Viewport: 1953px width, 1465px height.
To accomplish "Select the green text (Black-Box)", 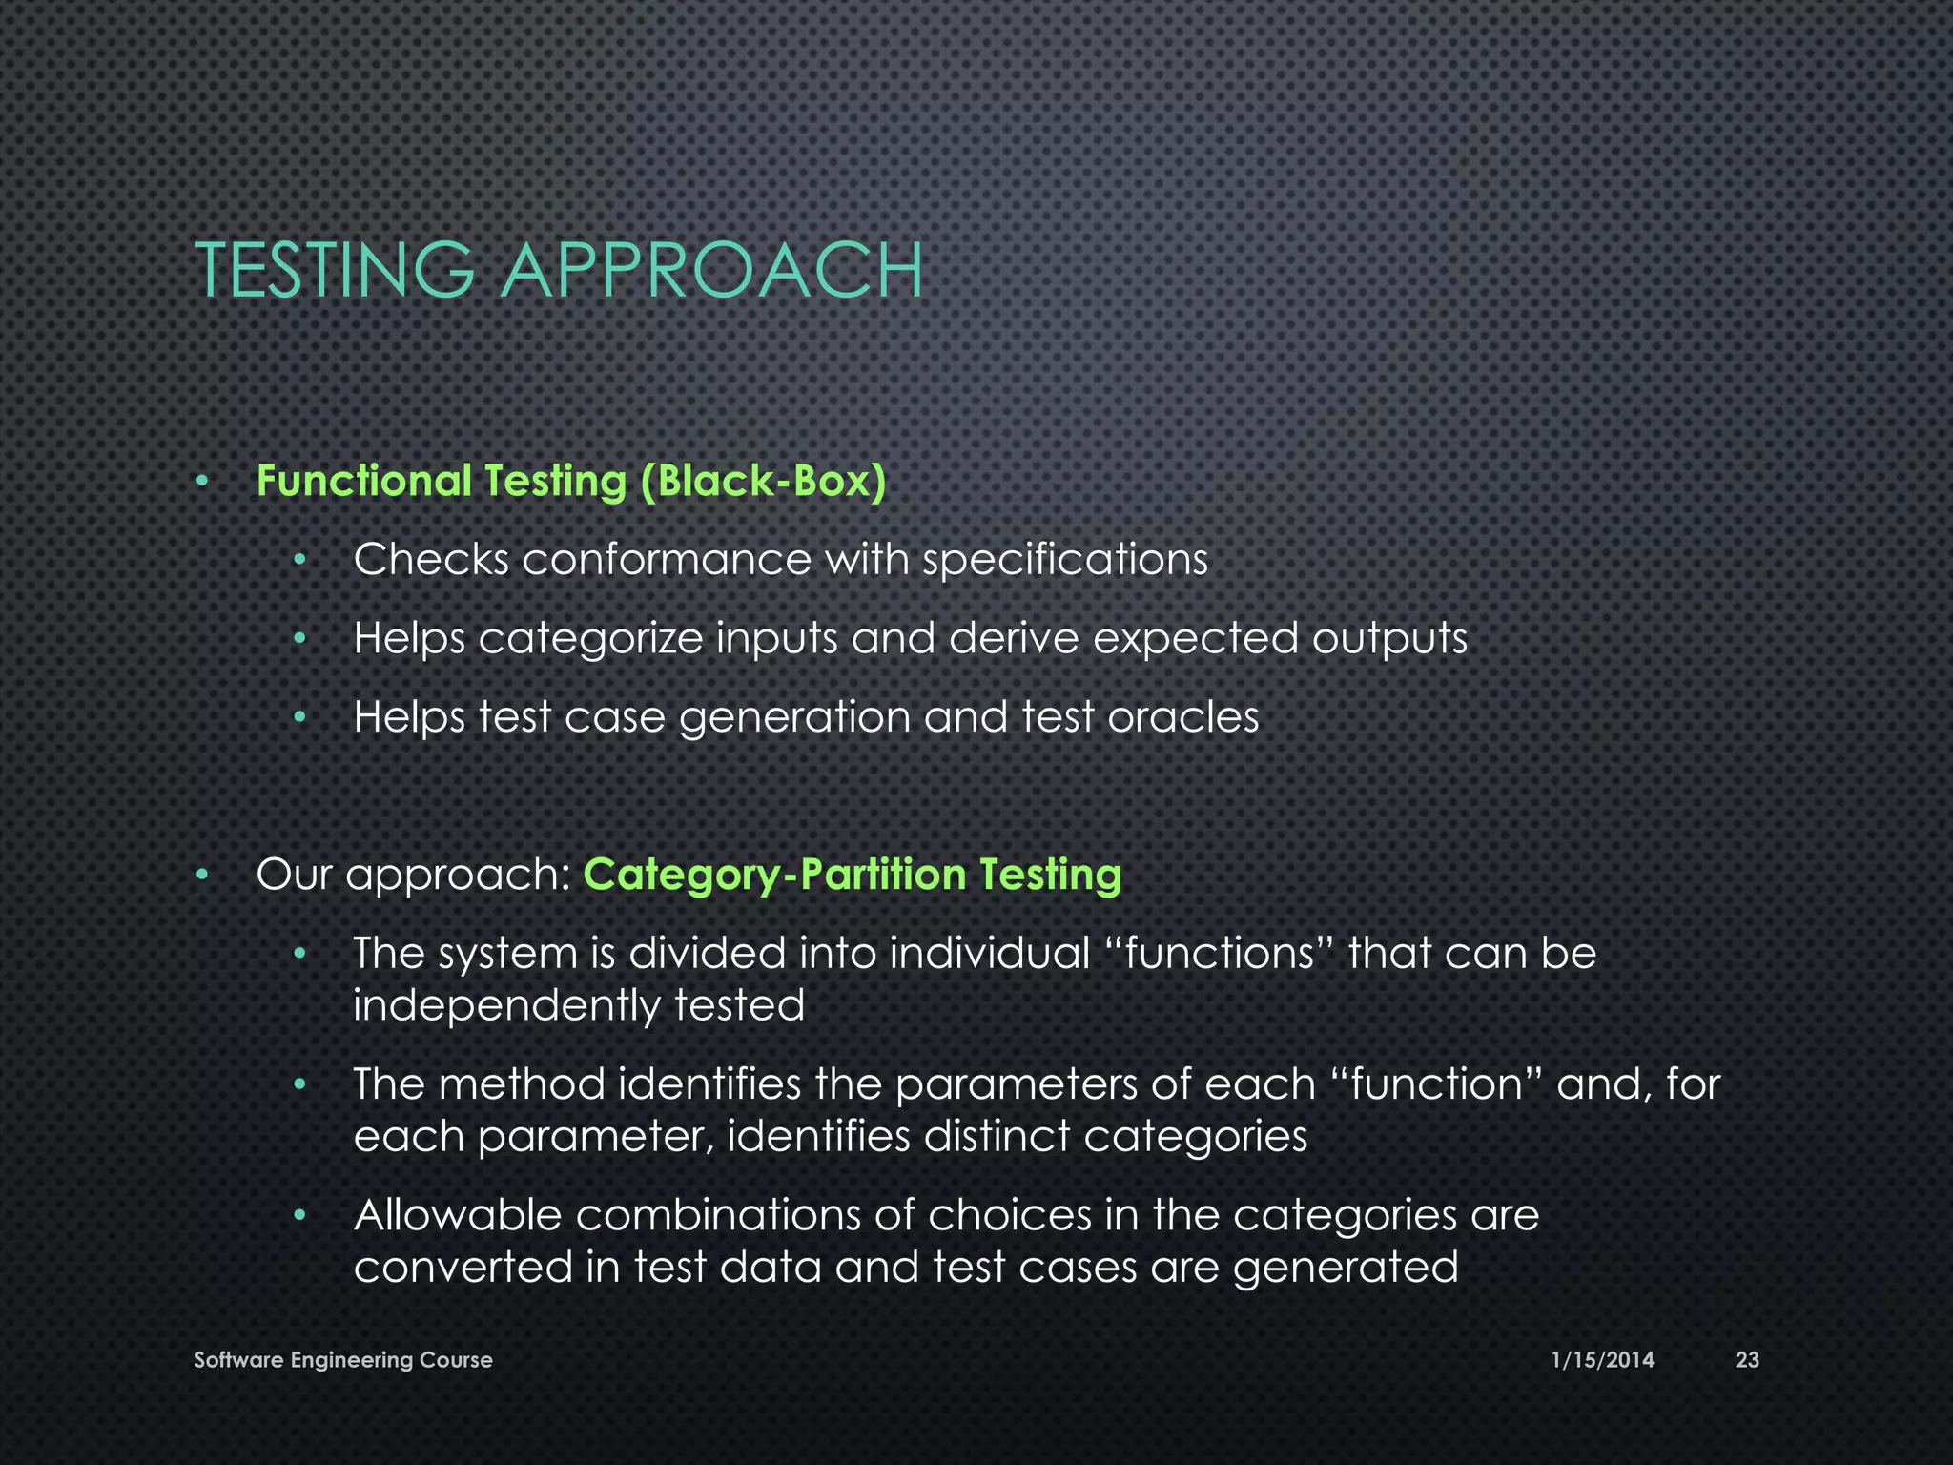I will pos(763,481).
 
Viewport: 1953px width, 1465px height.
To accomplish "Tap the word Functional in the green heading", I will pos(363,481).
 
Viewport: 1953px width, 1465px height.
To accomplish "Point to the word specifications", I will pos(1065,561).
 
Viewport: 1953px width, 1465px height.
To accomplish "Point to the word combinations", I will pos(745,1215).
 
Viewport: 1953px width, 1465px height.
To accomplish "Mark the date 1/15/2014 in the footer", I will pos(1602,1360).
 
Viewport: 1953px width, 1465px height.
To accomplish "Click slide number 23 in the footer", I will pos(1746,1360).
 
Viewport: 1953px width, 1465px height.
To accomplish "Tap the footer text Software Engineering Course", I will pos(343,1360).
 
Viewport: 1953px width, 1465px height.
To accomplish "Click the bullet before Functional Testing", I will pos(201,482).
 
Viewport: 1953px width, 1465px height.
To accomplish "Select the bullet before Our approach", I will pos(201,876).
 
